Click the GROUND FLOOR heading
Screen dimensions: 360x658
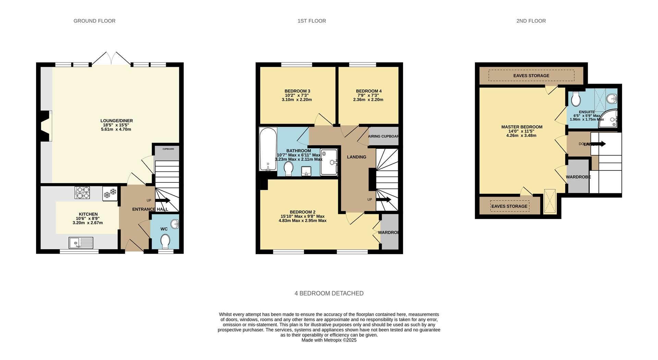tap(94, 21)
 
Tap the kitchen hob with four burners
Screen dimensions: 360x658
tap(82, 192)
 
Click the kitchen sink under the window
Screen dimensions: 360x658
tap(81, 243)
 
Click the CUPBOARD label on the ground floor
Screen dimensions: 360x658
tap(168, 149)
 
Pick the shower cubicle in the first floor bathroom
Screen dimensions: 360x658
tap(329, 162)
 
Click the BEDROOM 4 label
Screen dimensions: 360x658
tap(368, 91)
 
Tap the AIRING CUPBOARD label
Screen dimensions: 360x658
tap(383, 136)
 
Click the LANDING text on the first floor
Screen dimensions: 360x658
tap(356, 157)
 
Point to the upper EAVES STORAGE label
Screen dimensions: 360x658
tap(531, 76)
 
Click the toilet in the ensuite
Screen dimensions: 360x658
tap(576, 99)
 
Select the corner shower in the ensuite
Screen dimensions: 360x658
tap(609, 119)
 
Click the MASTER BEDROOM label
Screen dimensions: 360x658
tap(522, 127)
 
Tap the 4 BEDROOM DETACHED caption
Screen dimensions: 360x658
tap(329, 293)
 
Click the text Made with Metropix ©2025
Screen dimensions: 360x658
tap(329, 340)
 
